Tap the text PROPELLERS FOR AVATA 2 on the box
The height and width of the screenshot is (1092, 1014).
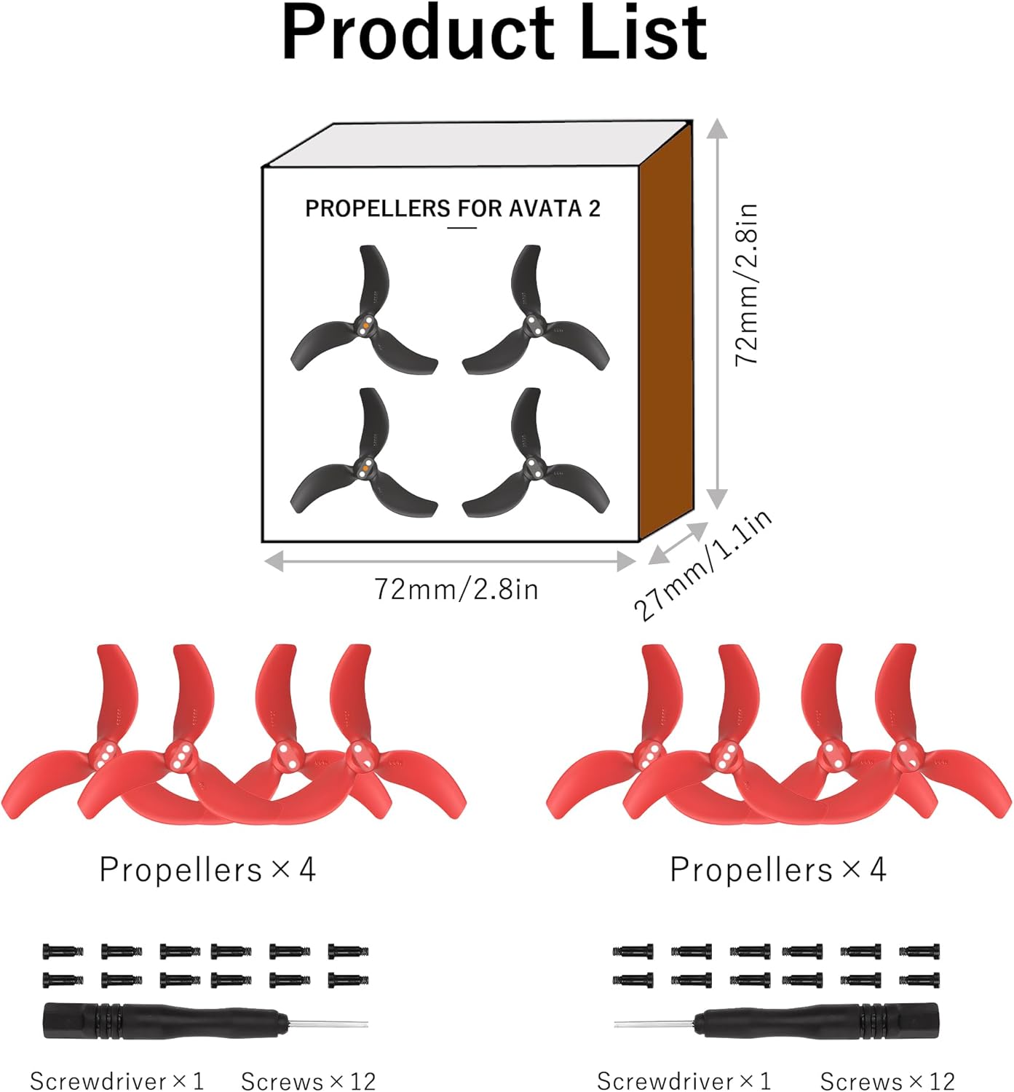pos(453,208)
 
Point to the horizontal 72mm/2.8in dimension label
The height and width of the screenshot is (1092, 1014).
pos(456,590)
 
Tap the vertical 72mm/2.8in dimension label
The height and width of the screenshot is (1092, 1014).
pos(747,284)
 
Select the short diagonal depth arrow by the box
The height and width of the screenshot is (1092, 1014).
pos(678,543)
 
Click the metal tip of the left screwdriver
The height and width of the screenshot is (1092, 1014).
pos(328,1023)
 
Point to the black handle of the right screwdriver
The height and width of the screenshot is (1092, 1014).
pos(816,1021)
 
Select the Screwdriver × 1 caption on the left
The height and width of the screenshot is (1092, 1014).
pos(116,1080)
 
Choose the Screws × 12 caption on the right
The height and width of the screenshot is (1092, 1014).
pos(887,1080)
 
